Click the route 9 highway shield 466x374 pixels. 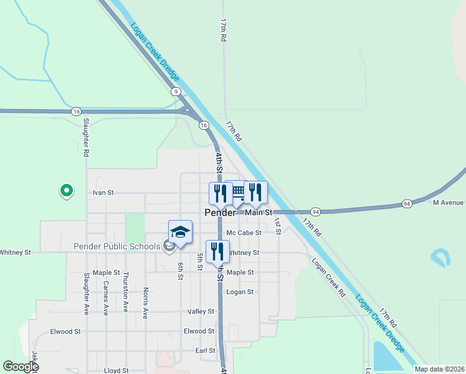click(177, 92)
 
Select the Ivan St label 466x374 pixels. click(103, 193)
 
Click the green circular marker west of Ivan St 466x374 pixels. click(65, 190)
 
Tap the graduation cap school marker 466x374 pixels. click(180, 232)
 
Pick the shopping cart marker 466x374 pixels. click(237, 193)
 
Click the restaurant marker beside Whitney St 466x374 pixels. click(217, 252)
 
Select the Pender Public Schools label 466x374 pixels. click(117, 246)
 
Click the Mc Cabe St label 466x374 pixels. click(243, 233)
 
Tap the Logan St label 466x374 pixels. click(240, 292)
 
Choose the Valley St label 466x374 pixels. click(201, 311)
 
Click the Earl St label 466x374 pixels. click(205, 351)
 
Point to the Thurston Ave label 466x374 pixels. click(125, 292)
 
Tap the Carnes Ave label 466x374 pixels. click(106, 297)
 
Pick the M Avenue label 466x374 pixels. click(448, 203)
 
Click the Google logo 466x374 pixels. click(21, 367)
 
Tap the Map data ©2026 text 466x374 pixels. click(438, 369)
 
